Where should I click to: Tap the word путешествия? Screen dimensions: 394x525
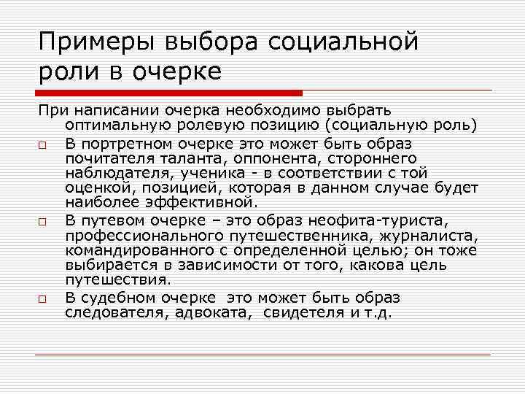point(117,279)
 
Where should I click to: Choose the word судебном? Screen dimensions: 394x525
point(117,298)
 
